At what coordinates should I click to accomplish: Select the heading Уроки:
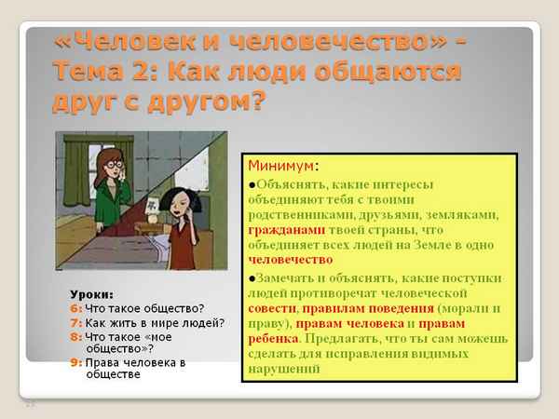tap(90, 295)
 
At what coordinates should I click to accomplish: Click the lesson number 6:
tap(75, 309)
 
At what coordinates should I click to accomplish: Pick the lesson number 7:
tap(75, 323)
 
